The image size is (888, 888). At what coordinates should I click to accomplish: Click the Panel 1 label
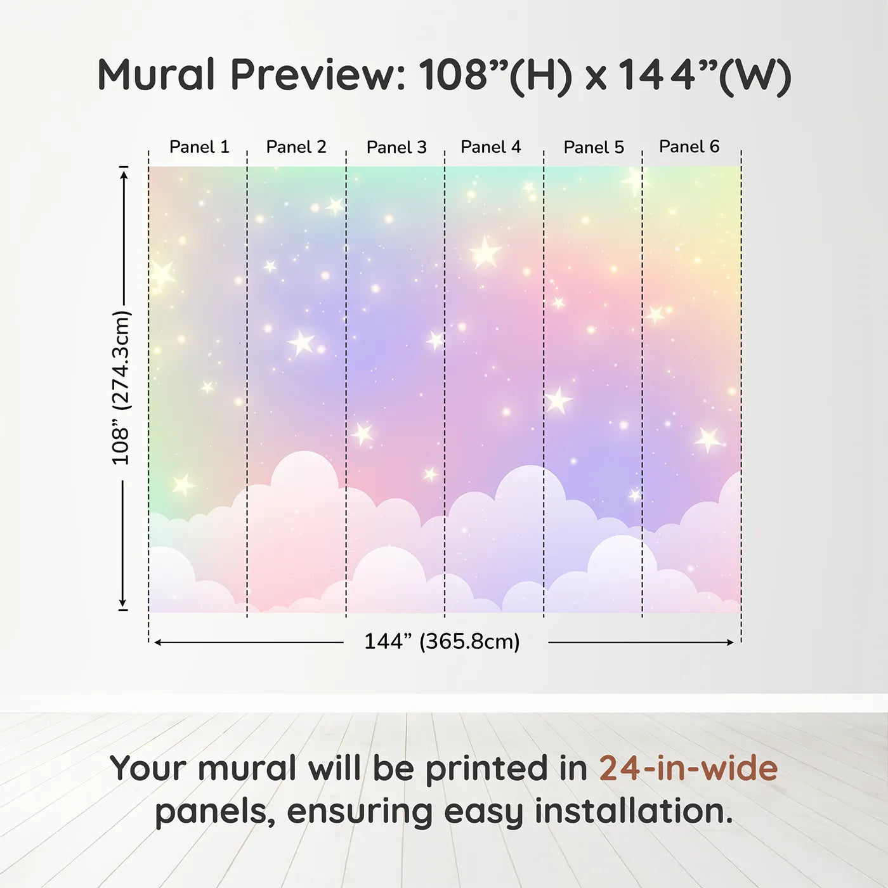pos(199,147)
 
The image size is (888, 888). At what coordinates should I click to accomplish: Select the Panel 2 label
pos(296,147)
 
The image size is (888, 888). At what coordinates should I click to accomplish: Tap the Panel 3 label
pos(396,147)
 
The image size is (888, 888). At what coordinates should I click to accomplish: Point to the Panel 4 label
pos(491,147)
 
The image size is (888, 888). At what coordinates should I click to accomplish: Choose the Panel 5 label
pos(594,147)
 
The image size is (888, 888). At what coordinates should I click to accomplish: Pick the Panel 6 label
pos(689,147)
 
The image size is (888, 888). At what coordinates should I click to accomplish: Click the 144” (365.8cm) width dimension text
pos(442,641)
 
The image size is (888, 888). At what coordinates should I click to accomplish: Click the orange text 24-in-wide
pos(688,768)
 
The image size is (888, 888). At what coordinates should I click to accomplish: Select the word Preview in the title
pos(318,74)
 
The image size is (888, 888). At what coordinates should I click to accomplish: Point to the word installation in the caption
pos(634,811)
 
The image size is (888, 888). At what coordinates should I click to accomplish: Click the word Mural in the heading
pos(156,74)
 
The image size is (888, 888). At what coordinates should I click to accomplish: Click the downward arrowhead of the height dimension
pos(122,603)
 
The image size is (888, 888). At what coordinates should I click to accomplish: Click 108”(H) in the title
pos(495,75)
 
